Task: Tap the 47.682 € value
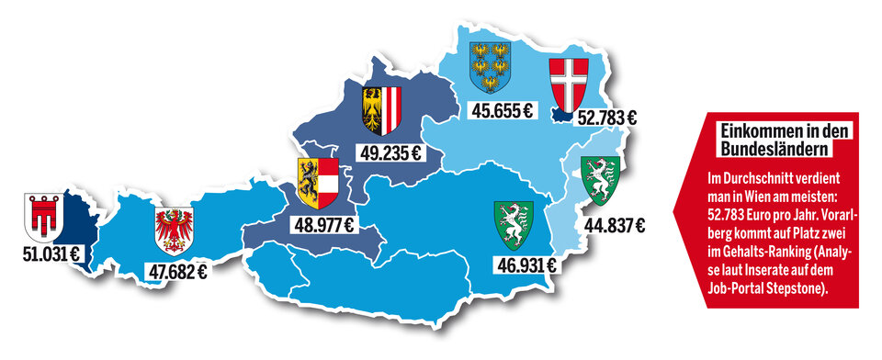pos(176,271)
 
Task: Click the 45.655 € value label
pos(502,111)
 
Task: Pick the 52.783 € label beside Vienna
pos(606,118)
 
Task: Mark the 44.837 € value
pos(614,225)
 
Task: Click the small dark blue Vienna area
pos(561,115)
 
